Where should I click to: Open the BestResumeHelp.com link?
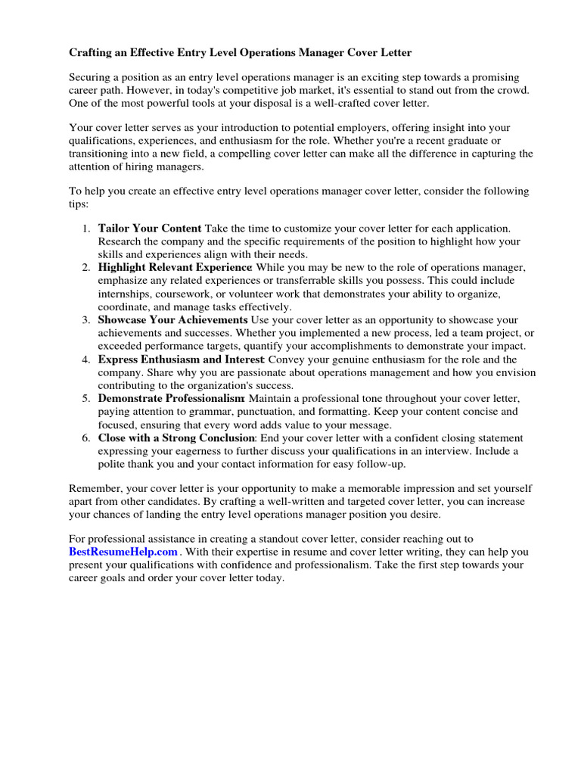point(123,552)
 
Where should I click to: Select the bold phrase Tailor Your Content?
point(150,228)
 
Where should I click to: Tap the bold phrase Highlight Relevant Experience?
point(175,267)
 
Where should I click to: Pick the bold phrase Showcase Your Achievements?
point(172,320)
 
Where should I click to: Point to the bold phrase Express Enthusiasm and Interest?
point(181,359)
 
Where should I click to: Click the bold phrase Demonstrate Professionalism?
point(171,399)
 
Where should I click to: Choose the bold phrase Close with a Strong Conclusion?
point(177,438)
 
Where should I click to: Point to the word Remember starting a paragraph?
point(94,489)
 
